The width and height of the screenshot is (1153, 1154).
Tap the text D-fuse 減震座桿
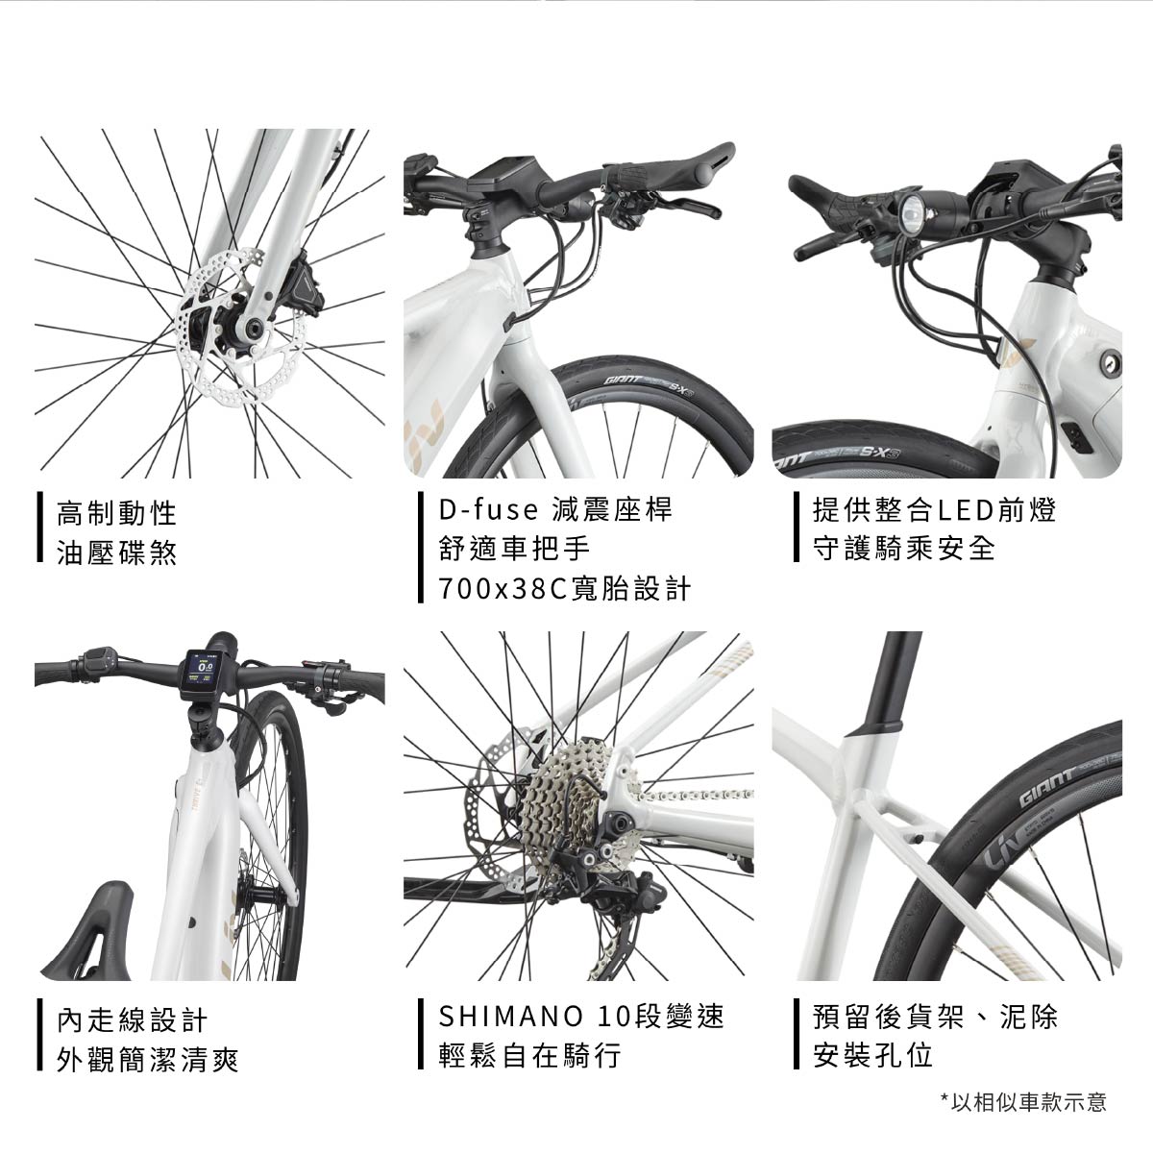(556, 509)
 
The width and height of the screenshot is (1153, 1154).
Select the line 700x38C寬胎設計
(565, 589)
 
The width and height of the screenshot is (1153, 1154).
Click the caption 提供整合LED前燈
(935, 509)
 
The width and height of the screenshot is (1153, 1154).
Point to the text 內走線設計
(132, 1020)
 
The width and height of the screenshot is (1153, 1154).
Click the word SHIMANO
(510, 1016)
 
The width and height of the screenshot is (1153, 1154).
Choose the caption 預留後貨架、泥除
(936, 1017)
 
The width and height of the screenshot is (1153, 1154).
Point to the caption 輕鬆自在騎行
(530, 1056)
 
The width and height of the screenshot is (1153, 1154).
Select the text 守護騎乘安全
(904, 548)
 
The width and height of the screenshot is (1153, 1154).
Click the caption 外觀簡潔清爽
(147, 1061)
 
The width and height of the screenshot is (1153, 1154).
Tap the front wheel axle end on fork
(252, 329)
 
